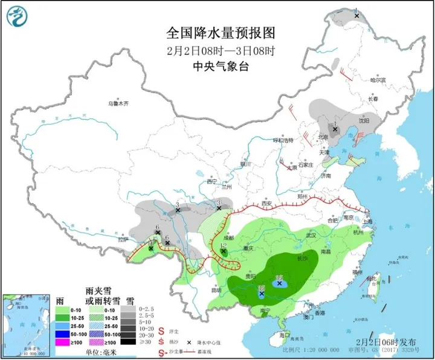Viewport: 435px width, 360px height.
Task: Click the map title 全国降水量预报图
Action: pyautogui.click(x=216, y=31)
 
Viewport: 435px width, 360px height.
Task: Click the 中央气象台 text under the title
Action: pyautogui.click(x=216, y=66)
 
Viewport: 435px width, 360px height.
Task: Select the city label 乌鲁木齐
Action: pyautogui.click(x=119, y=103)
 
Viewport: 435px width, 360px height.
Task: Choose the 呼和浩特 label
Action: pyautogui.click(x=282, y=140)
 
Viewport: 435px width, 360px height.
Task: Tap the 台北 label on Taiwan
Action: pyautogui.click(x=379, y=277)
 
